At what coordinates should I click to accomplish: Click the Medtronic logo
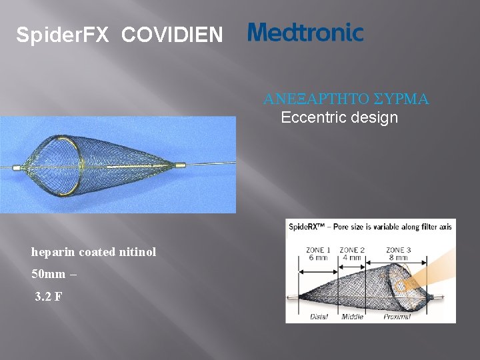click(x=305, y=33)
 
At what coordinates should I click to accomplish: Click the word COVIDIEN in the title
click(x=172, y=35)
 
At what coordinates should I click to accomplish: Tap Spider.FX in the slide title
click(x=62, y=35)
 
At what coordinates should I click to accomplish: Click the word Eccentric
click(x=310, y=118)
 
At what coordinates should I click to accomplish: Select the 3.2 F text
click(x=49, y=297)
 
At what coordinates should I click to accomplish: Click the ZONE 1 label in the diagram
click(x=319, y=250)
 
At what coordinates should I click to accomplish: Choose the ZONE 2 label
click(x=352, y=250)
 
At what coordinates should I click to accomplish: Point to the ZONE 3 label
click(x=399, y=250)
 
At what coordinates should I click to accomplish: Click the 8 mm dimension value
click(x=399, y=259)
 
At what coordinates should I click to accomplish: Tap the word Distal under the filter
click(x=319, y=317)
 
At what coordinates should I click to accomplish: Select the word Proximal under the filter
click(x=397, y=317)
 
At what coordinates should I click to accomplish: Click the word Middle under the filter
click(x=352, y=317)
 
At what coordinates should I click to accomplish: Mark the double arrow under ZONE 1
click(x=319, y=271)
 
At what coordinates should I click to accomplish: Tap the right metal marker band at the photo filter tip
click(x=181, y=164)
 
